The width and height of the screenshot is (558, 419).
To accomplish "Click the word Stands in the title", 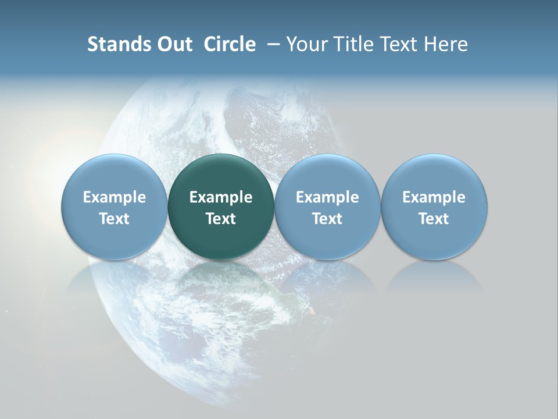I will coord(115,44).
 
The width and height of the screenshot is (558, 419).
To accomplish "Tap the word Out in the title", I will coord(173,44).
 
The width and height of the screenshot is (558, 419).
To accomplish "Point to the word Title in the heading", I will coord(356,44).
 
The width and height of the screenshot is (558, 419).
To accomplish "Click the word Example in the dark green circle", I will coord(221,197).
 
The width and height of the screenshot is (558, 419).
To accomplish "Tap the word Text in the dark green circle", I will coord(221,219).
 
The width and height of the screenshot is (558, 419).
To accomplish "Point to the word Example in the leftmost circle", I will coord(115,197).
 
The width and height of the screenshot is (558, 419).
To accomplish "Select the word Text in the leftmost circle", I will coord(115,219).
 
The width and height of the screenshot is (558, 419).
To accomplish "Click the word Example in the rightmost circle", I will coord(434,197).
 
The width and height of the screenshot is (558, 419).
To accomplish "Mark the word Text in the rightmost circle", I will coord(434,219).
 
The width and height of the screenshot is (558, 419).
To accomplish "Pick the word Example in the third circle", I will coord(327,197).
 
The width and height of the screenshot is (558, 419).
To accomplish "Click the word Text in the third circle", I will coord(327,219).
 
